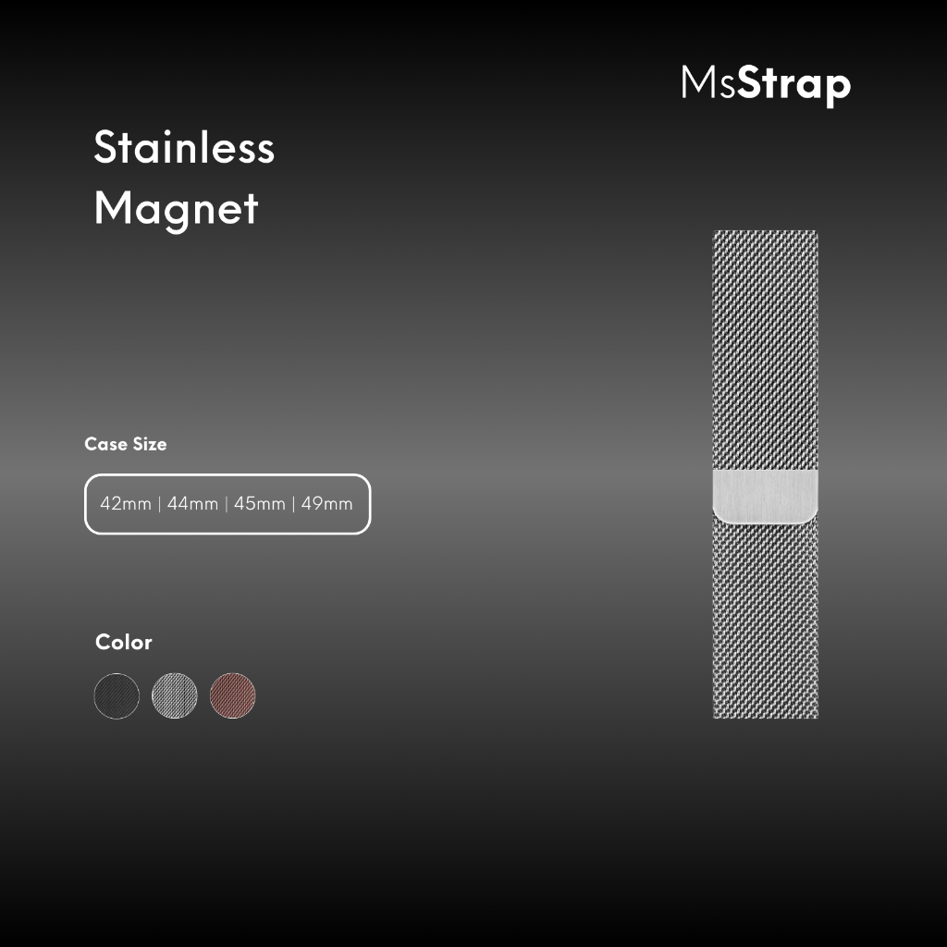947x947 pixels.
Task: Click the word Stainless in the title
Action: [x=184, y=147]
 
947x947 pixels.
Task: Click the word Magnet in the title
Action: [x=177, y=209]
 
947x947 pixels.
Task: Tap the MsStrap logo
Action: [x=766, y=85]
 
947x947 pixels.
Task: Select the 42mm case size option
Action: [x=126, y=504]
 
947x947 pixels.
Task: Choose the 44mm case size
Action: [x=192, y=504]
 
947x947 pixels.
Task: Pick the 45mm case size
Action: [x=260, y=504]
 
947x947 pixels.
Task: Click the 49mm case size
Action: [x=326, y=504]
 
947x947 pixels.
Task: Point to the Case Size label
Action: [x=126, y=444]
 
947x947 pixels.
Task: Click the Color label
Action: [x=124, y=642]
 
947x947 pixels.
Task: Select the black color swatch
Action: [x=117, y=695]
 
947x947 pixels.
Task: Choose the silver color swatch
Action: [x=175, y=695]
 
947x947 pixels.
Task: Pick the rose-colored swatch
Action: [x=232, y=695]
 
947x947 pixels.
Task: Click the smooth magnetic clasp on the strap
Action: [x=765, y=497]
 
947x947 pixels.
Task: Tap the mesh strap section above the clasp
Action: [x=765, y=351]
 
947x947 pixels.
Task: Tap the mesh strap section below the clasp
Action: [x=765, y=619]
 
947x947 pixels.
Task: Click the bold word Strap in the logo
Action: [x=794, y=86]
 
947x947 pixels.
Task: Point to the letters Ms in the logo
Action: [x=708, y=81]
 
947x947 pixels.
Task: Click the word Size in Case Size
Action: [x=150, y=444]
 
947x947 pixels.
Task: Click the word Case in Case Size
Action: [x=105, y=444]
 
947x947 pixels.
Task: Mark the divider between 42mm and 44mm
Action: [x=159, y=504]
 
